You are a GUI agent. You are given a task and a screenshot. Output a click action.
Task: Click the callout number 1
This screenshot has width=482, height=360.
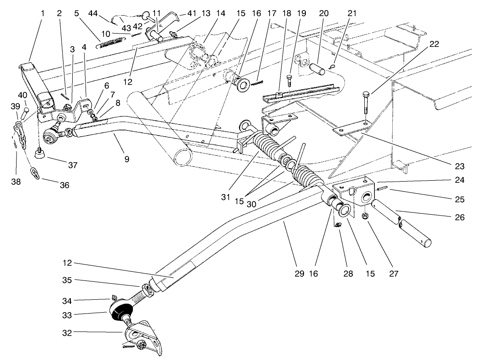(42, 13)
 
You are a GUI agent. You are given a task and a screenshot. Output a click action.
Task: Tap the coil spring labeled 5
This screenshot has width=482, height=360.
(109, 43)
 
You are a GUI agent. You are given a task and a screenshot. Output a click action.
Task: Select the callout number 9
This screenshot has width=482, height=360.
(126, 160)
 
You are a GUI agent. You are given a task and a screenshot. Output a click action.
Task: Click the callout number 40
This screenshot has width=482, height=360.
(22, 95)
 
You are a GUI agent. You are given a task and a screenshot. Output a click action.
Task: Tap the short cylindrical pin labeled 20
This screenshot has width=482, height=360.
(318, 72)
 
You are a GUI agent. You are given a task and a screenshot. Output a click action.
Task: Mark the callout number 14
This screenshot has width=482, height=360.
(221, 13)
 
